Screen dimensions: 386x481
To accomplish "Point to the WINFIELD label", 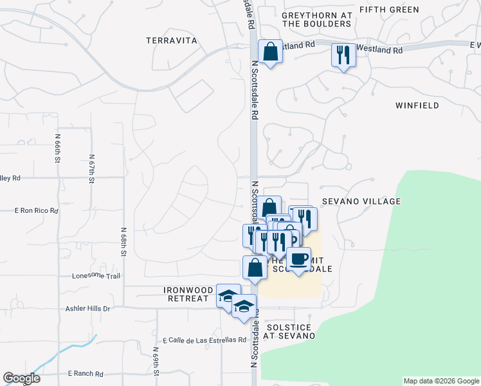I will click(417, 106).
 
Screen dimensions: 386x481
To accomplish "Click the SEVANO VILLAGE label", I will click(361, 201).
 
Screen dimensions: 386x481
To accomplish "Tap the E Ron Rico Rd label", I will click(37, 210).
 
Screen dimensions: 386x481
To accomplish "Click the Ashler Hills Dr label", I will click(88, 309).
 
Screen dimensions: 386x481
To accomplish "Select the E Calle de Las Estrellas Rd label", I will click(204, 340).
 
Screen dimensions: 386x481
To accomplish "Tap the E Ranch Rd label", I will click(86, 373).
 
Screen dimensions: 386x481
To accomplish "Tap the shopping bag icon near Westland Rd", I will click(270, 51).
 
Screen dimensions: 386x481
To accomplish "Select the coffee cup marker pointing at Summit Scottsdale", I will click(298, 259).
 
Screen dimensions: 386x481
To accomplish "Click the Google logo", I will click(21, 378).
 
